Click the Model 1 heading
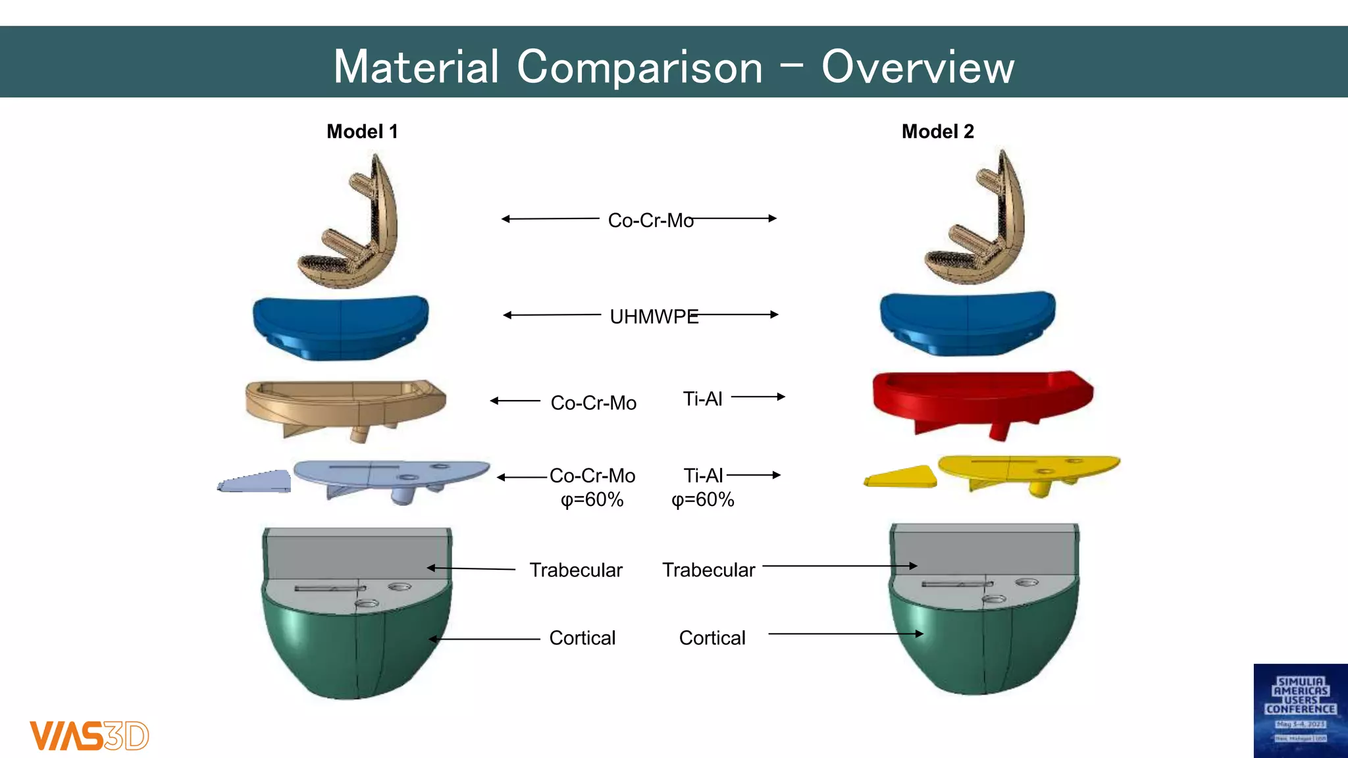362,132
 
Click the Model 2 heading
937,132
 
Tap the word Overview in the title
918,67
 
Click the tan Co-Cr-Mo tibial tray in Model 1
346,405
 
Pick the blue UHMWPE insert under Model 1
340,326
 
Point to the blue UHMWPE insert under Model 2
968,322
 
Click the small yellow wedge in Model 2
900,476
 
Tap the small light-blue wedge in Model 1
255,482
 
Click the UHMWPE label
654,317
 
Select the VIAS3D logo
89,736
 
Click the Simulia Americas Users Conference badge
1300,710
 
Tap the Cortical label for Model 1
582,638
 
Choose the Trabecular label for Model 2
708,570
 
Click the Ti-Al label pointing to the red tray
702,399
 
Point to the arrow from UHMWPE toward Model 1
552,315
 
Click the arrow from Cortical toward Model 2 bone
845,634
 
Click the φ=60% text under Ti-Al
702,500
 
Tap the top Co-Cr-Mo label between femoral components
650,220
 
